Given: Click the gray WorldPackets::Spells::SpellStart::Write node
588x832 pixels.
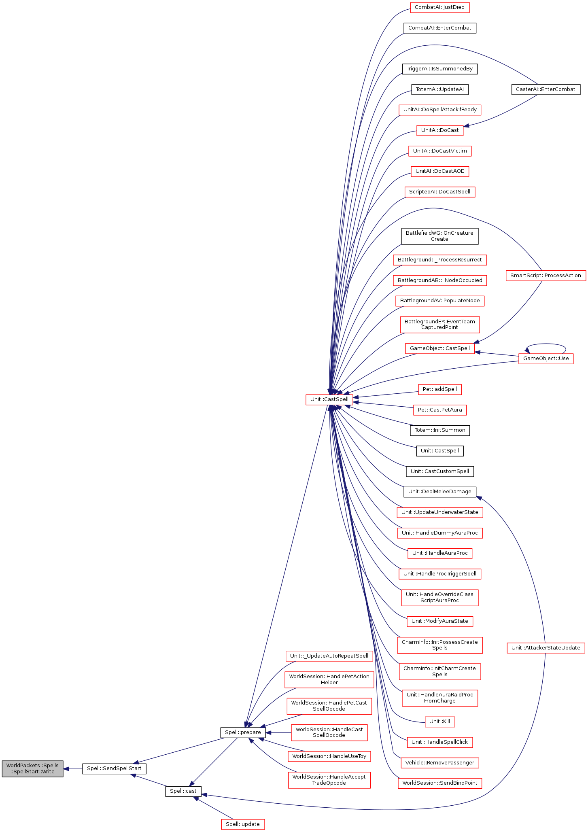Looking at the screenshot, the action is click(32, 768).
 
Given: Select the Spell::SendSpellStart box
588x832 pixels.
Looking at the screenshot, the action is click(114, 768).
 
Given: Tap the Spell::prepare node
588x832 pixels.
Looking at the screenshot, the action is click(243, 732).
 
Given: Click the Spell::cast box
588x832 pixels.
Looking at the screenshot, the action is click(183, 791).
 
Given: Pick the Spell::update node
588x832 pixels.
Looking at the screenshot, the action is click(243, 824).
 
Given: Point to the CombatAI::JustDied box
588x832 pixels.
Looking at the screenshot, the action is click(439, 7).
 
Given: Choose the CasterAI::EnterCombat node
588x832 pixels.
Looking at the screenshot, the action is click(546, 89).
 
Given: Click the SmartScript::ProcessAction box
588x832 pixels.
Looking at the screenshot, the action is click(546, 276).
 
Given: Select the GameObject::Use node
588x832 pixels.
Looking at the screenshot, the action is click(546, 359).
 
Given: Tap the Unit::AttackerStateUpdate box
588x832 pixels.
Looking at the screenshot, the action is click(546, 647).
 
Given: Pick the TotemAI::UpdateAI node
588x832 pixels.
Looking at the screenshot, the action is click(439, 89).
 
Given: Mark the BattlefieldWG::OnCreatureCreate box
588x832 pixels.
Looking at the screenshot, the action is click(439, 236).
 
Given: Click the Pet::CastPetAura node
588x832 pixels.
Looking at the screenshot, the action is click(439, 410).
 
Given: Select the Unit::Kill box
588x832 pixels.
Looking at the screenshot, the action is click(439, 721).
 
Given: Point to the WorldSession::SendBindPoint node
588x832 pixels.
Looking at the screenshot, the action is click(439, 783).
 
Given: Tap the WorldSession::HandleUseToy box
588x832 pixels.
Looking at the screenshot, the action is click(329, 756).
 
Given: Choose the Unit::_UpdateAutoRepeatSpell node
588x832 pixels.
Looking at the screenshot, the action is click(329, 656).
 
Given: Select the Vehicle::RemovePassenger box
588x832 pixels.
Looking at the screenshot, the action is click(439, 763).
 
